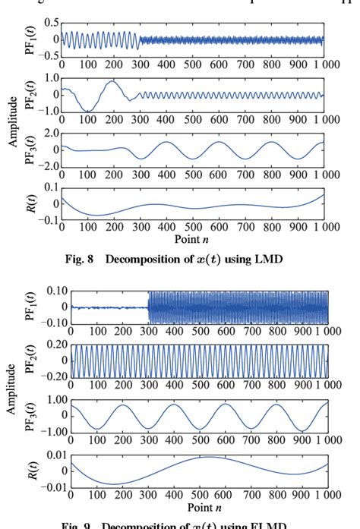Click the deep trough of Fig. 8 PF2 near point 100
88,111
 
